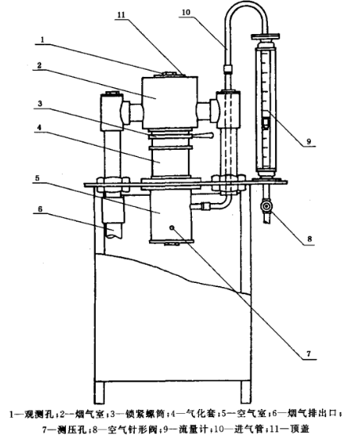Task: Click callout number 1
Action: click(x=42, y=40)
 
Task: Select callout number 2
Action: click(x=39, y=65)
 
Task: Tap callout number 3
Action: click(x=40, y=104)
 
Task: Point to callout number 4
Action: click(x=40, y=128)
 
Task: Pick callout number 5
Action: click(x=38, y=178)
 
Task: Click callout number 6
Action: click(x=40, y=209)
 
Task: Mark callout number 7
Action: click(x=308, y=354)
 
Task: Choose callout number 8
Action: click(x=309, y=239)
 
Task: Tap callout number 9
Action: click(x=308, y=142)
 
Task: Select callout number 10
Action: click(x=186, y=13)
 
